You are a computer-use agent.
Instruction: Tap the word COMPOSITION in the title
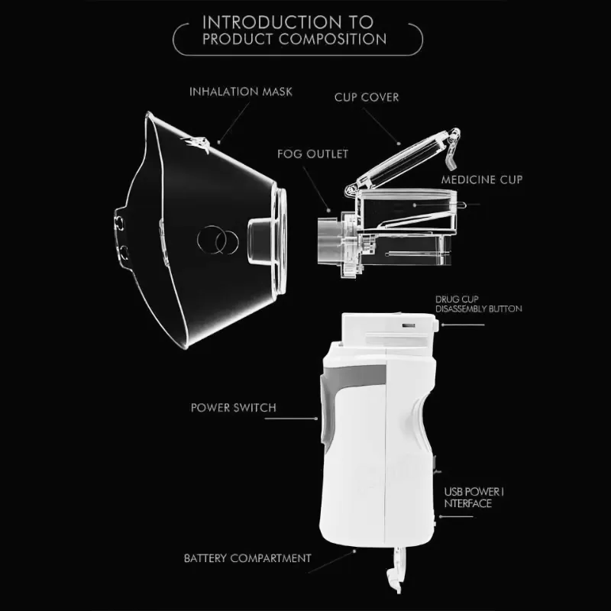332,39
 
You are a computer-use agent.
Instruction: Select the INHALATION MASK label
241,92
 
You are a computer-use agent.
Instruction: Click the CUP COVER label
367,97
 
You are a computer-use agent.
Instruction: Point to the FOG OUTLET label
312,154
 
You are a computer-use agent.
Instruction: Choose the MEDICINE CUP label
482,179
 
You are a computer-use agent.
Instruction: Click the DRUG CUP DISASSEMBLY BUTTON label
479,304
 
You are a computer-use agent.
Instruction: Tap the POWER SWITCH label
234,408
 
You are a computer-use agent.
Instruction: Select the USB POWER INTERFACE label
474,498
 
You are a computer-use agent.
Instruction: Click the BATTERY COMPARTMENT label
247,558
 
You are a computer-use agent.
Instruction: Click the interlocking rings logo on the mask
218,240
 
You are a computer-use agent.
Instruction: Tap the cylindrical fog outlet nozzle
328,241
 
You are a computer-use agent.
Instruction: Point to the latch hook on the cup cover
453,149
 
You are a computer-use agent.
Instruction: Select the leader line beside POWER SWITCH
291,419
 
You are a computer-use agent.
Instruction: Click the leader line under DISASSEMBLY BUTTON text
463,325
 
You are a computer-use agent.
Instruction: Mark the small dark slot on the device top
409,325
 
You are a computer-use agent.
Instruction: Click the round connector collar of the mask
281,241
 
